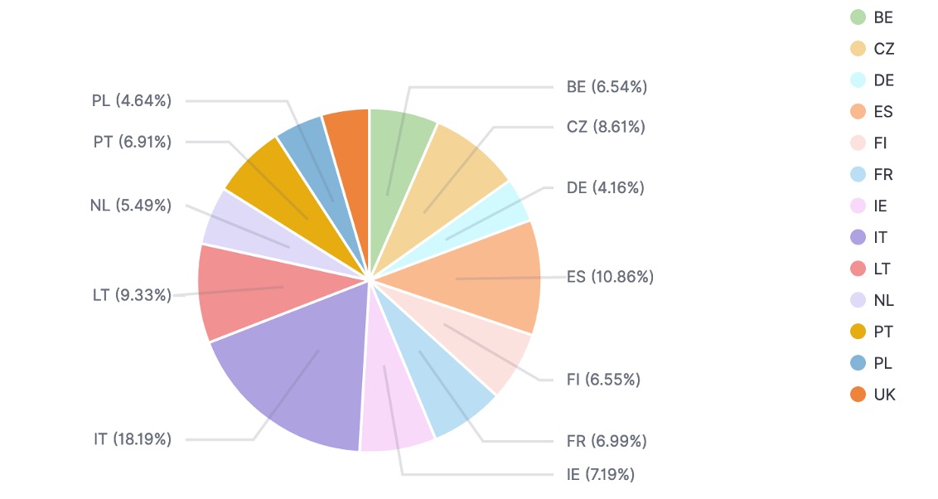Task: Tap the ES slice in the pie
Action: pos(497,278)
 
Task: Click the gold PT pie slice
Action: pos(265,178)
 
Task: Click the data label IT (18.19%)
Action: pos(133,439)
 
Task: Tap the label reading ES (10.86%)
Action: pos(610,277)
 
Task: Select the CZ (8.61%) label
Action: pos(606,127)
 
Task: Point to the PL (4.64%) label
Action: pos(132,101)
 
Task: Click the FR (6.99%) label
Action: pos(606,441)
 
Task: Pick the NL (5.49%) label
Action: pos(131,206)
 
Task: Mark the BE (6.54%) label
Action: pos(607,86)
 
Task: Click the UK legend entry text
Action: pos(884,395)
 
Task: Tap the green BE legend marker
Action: pos(858,17)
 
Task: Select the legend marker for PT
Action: pos(858,332)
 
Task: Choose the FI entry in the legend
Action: pos(880,143)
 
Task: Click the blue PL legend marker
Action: pos(858,363)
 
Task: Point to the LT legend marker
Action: pos(858,269)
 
